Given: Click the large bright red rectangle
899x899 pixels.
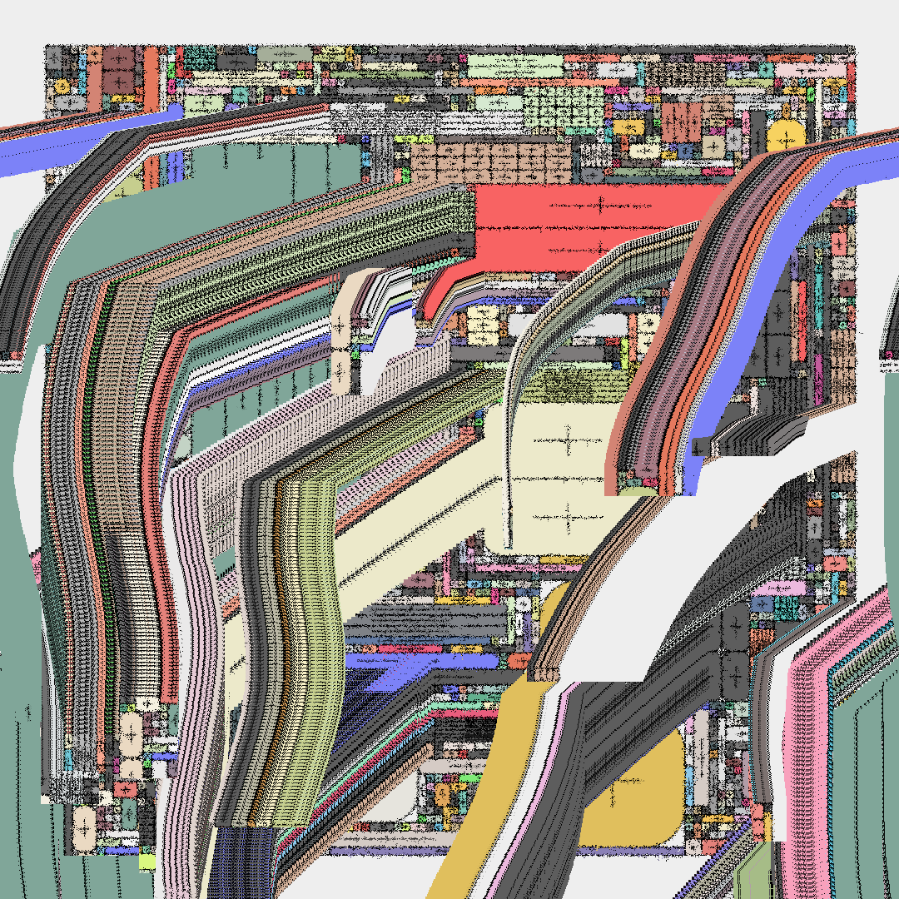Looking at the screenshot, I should point(599,225).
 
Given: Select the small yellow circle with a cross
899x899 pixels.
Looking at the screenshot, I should point(62,86).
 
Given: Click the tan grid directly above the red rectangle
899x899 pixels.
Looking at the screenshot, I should point(491,163).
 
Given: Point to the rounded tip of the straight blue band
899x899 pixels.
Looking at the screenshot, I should point(175,112).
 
